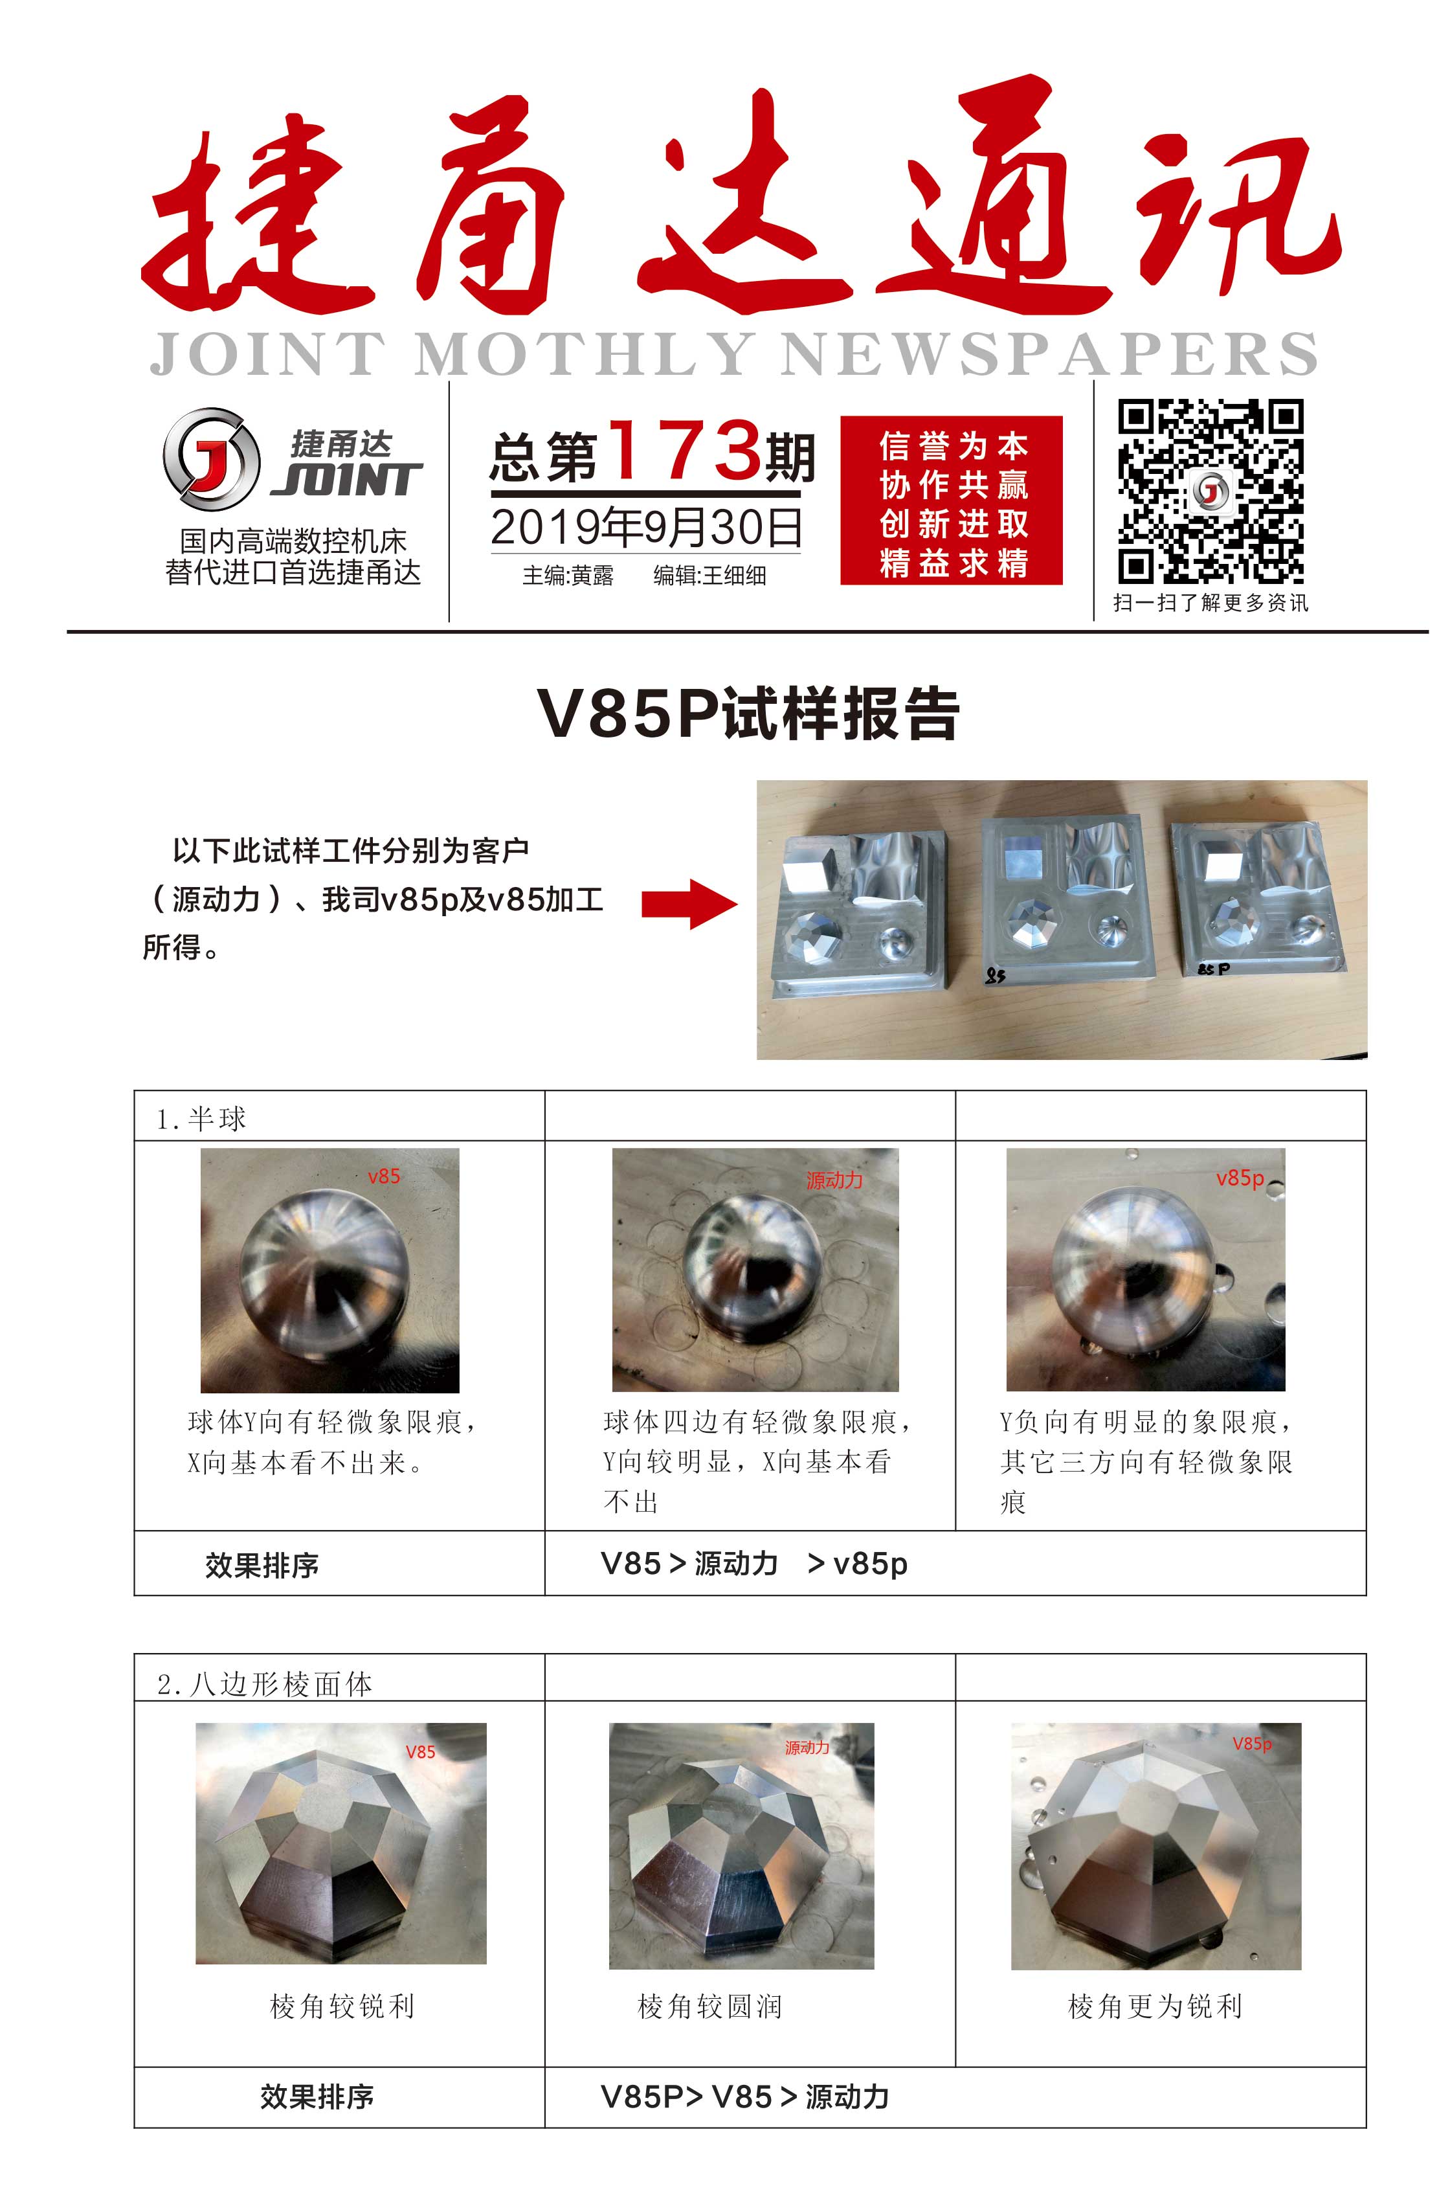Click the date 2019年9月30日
(646, 528)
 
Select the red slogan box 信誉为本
(951, 500)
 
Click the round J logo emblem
(211, 459)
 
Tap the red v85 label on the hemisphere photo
(383, 1176)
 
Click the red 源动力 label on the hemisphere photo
(833, 1180)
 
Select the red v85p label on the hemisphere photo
(1240, 1178)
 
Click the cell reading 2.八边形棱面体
(265, 1683)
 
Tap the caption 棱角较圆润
(710, 2006)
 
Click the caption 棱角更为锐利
(1155, 2006)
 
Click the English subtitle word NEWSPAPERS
(1048, 353)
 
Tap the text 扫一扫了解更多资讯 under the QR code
(1210, 603)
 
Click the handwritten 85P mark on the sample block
(1213, 969)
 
